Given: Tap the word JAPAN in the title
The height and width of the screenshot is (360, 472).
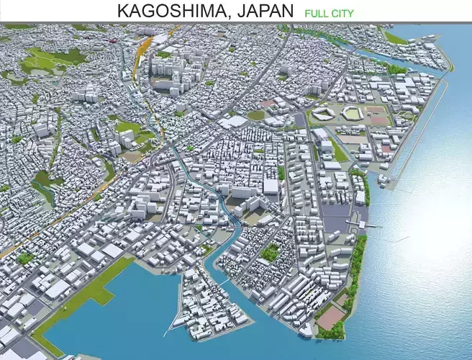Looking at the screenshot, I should pyautogui.click(x=260, y=11).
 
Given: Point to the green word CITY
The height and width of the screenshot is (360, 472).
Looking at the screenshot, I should pyautogui.click(x=343, y=13).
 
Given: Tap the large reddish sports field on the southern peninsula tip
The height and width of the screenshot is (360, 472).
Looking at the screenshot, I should pyautogui.click(x=330, y=317).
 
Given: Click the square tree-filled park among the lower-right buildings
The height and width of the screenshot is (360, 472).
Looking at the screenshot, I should pyautogui.click(x=270, y=252).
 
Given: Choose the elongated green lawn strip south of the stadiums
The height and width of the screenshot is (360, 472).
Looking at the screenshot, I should pyautogui.click(x=338, y=150).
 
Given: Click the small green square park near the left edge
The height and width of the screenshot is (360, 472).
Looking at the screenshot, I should pyautogui.click(x=26, y=256).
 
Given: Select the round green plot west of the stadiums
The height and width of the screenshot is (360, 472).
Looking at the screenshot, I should pyautogui.click(x=256, y=114).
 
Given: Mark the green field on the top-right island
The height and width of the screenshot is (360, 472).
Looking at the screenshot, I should pyautogui.click(x=394, y=37).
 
